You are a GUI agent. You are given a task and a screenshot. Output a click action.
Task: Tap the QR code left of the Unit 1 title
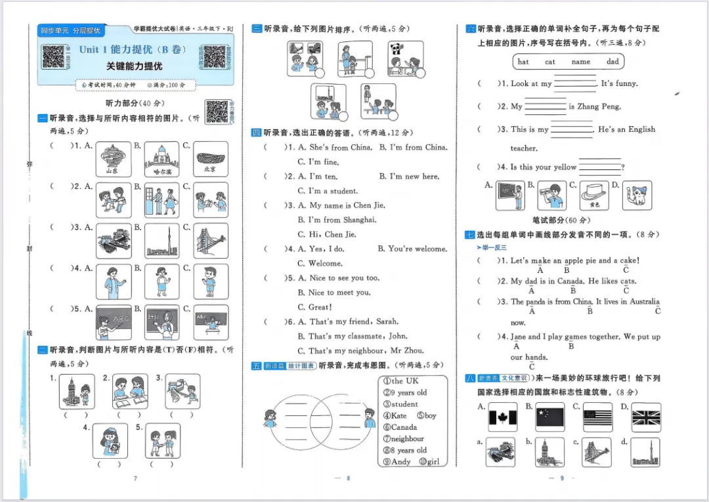54,57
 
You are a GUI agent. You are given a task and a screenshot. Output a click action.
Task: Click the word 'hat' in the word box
523,62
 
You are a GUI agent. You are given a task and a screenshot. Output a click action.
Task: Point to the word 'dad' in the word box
612,62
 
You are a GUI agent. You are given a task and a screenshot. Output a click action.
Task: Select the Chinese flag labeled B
549,417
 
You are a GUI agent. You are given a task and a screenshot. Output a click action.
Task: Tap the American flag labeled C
597,417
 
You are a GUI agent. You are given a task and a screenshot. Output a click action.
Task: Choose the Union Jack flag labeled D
646,417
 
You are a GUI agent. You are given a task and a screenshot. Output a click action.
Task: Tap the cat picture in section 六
637,195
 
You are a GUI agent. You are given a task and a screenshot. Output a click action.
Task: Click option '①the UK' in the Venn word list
400,381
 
